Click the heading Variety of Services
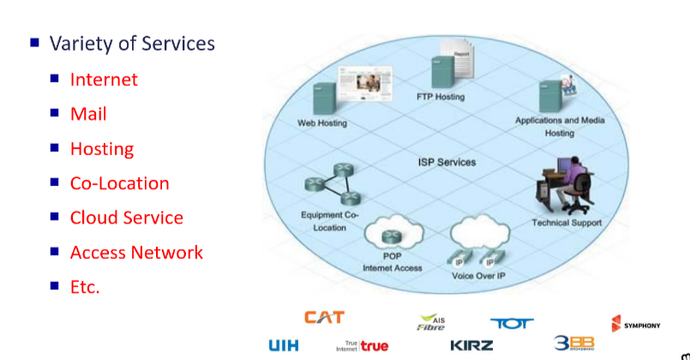coord(132,44)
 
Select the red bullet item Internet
coord(104,80)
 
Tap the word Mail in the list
coord(88,114)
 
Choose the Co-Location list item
coord(119,183)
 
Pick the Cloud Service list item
coord(126,218)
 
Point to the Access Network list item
coord(136,252)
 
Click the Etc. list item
coord(85,287)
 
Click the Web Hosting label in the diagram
coord(322,123)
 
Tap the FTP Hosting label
coord(441,97)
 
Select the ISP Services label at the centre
coord(447,162)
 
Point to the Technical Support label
coord(567,223)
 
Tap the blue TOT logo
coord(512,323)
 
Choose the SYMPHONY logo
coord(635,324)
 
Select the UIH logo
coord(284,345)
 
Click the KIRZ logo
coord(471,345)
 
